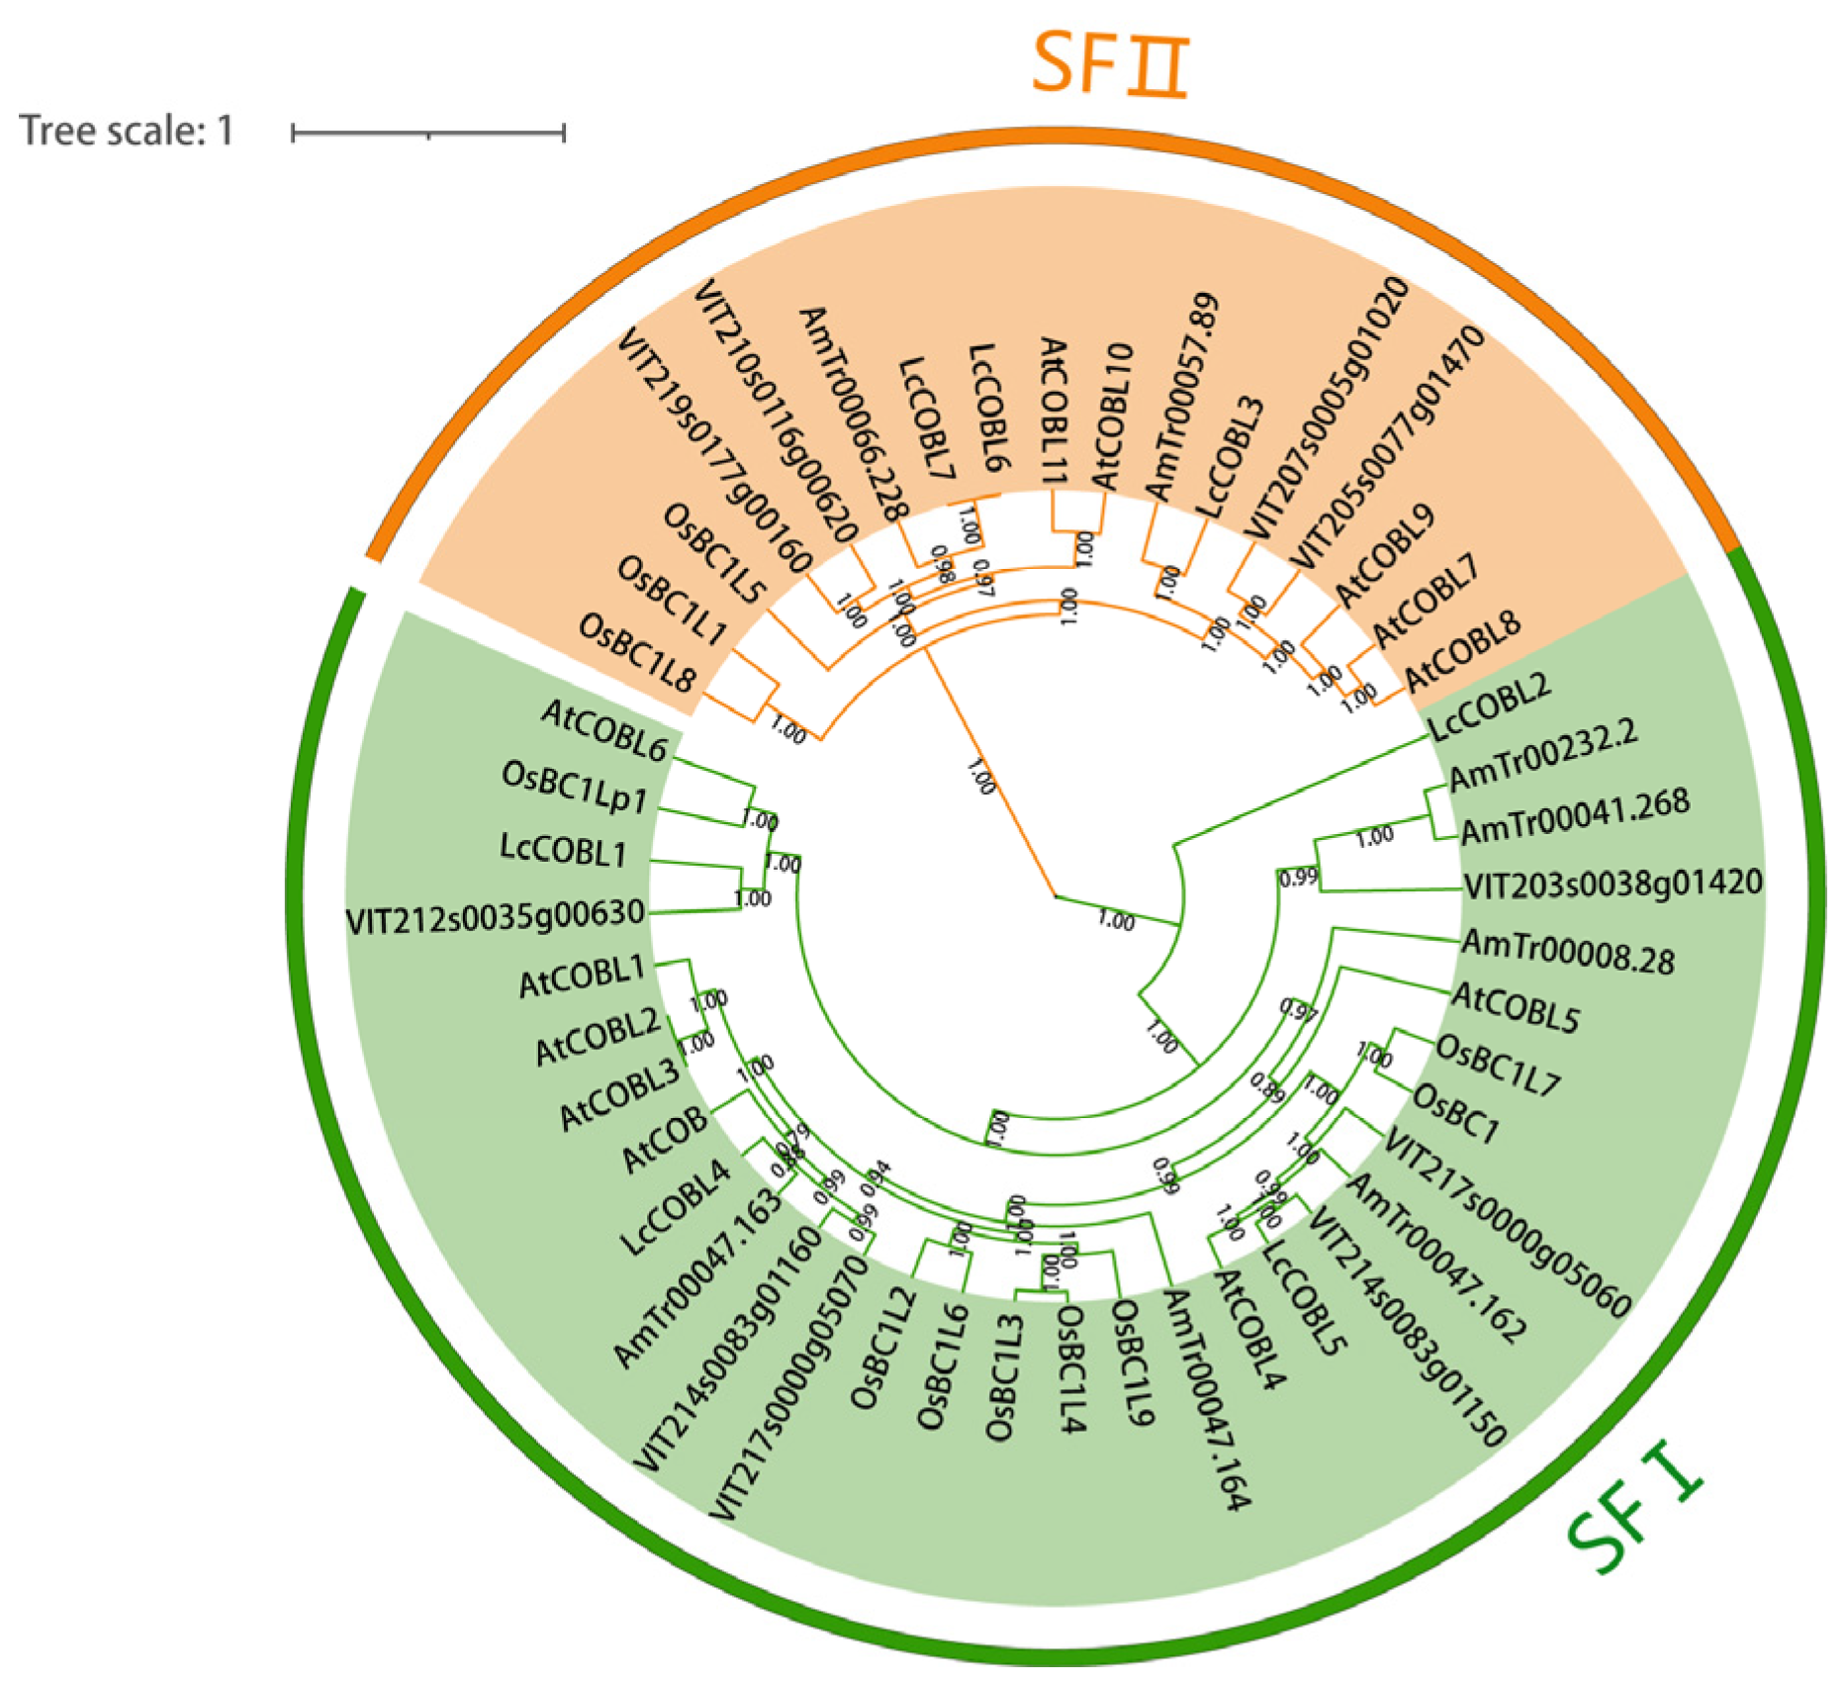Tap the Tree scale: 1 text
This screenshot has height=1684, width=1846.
tap(127, 131)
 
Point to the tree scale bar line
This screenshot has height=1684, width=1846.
tap(427, 133)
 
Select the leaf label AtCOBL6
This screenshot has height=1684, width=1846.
tap(604, 730)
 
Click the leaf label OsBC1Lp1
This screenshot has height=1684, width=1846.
tap(575, 788)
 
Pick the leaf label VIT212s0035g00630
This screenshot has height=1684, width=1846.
tap(496, 915)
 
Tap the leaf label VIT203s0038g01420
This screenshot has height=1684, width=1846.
tap(1613, 883)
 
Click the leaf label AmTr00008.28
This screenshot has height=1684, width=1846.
tap(1568, 951)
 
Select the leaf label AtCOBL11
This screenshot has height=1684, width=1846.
tap(1053, 410)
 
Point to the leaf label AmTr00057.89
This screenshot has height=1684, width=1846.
tap(1182, 396)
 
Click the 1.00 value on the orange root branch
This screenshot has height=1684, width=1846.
tap(980, 777)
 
